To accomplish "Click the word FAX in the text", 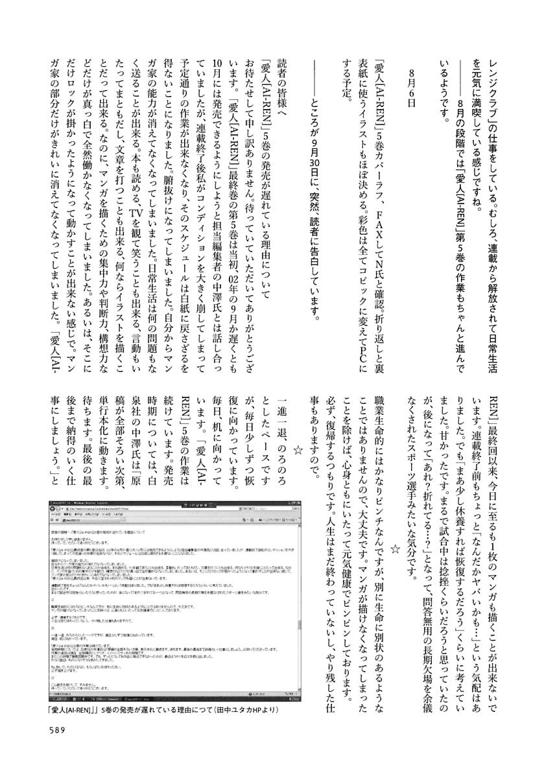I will click(x=379, y=197).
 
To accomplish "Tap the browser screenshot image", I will click(x=175, y=600).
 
